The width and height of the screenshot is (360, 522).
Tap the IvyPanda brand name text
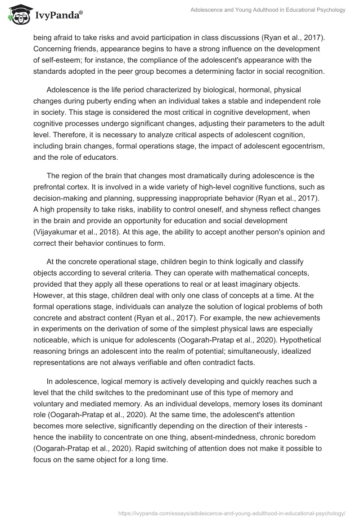59,16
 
